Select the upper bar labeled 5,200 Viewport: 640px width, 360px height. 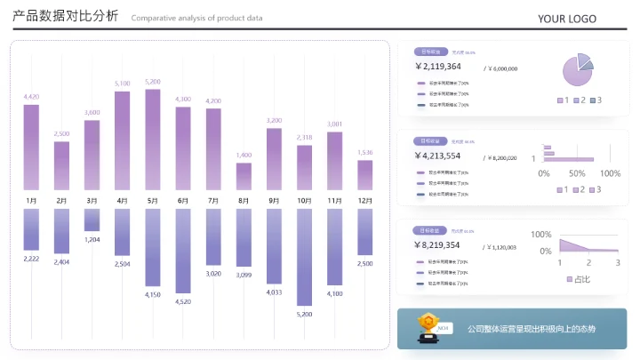[152, 140]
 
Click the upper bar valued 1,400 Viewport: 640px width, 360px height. [244, 176]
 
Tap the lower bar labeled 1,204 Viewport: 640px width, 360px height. [92, 220]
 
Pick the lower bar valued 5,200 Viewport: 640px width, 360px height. [304, 257]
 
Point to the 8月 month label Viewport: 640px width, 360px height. [244, 201]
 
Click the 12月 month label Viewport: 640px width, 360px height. [364, 201]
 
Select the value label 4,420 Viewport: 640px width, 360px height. [31, 96]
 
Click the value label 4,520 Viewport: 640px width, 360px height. [183, 301]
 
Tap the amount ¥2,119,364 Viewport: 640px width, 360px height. [437, 67]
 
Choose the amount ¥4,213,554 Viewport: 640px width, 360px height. [437, 156]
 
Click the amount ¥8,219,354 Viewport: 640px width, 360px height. [437, 245]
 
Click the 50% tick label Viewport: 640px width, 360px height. [576, 173]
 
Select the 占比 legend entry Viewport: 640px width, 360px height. [579, 279]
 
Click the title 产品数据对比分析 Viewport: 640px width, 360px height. [65, 18]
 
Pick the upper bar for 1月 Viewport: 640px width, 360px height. [31, 148]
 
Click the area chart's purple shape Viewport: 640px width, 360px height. [578, 247]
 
